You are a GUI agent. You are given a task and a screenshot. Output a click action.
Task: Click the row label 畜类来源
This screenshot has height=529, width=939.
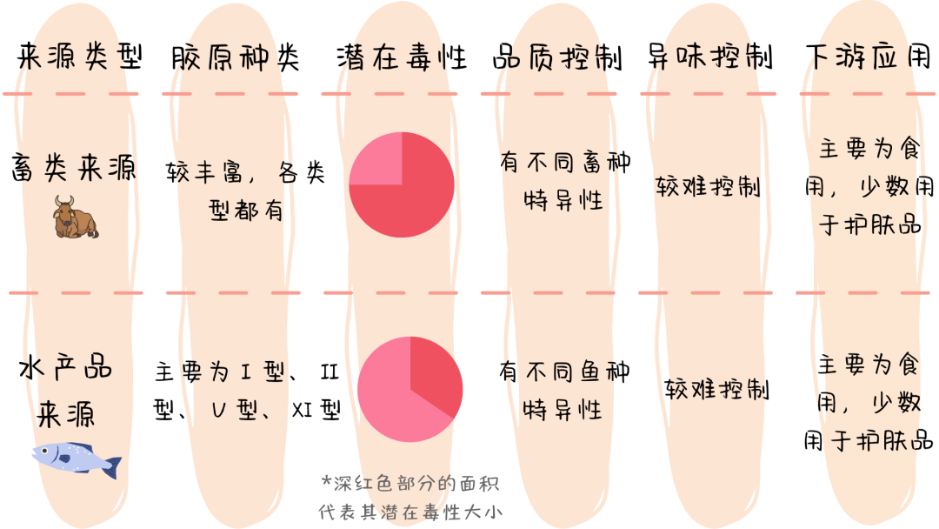click(x=75, y=167)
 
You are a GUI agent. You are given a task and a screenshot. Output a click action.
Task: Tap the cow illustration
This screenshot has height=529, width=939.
click(x=76, y=217)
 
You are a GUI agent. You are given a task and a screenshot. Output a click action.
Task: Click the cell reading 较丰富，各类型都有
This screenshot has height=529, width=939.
click(x=246, y=191)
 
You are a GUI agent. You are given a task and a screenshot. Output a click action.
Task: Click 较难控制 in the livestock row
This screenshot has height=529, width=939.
click(x=708, y=187)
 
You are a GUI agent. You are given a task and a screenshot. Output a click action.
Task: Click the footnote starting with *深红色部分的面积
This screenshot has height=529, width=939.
click(x=411, y=497)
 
